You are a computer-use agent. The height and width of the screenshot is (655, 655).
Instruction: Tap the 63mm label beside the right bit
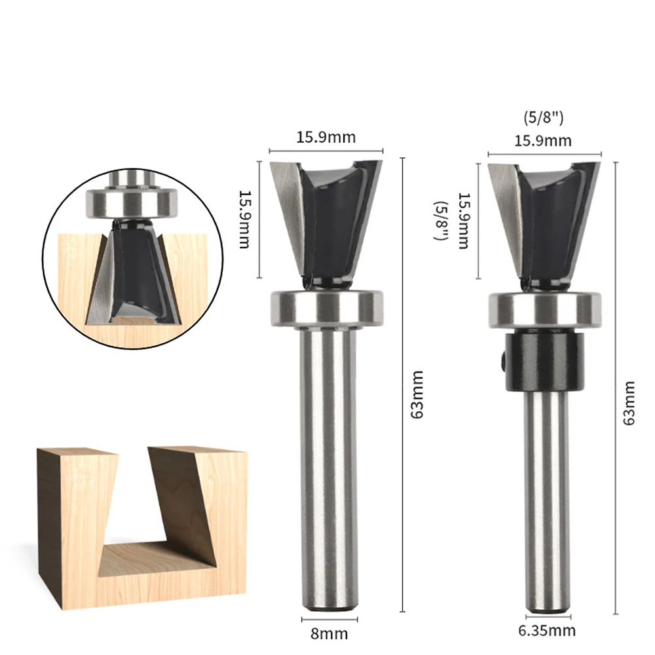click(x=629, y=403)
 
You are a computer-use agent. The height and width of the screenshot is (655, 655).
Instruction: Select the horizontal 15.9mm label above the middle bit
click(x=326, y=137)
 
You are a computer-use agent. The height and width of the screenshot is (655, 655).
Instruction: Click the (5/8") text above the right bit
click(x=544, y=119)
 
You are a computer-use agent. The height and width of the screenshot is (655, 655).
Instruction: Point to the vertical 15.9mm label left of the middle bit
click(x=244, y=219)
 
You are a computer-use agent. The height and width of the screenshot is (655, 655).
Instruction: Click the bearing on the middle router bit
click(x=326, y=307)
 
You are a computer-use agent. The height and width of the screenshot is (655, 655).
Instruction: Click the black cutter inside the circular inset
click(x=134, y=269)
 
